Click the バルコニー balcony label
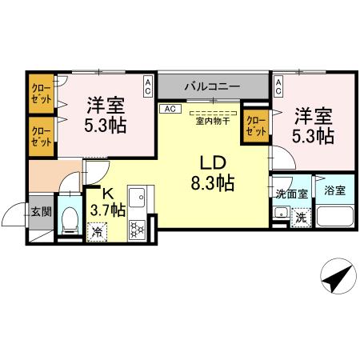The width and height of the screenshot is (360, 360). coord(212,84)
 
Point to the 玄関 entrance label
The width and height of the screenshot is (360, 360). coord(41,212)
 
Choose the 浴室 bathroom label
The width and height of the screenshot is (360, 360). coord(335,190)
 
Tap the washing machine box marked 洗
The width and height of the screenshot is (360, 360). coord(300,216)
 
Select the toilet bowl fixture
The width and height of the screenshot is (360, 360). coord(70,218)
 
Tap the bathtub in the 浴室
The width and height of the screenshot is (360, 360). coord(335,217)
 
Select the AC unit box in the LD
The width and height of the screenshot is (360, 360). coord(169,108)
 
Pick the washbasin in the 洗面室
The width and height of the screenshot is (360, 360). coord(280,213)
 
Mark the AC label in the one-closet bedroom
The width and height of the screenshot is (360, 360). coord(278,83)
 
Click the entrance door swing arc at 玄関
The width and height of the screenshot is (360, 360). coord(14,216)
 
